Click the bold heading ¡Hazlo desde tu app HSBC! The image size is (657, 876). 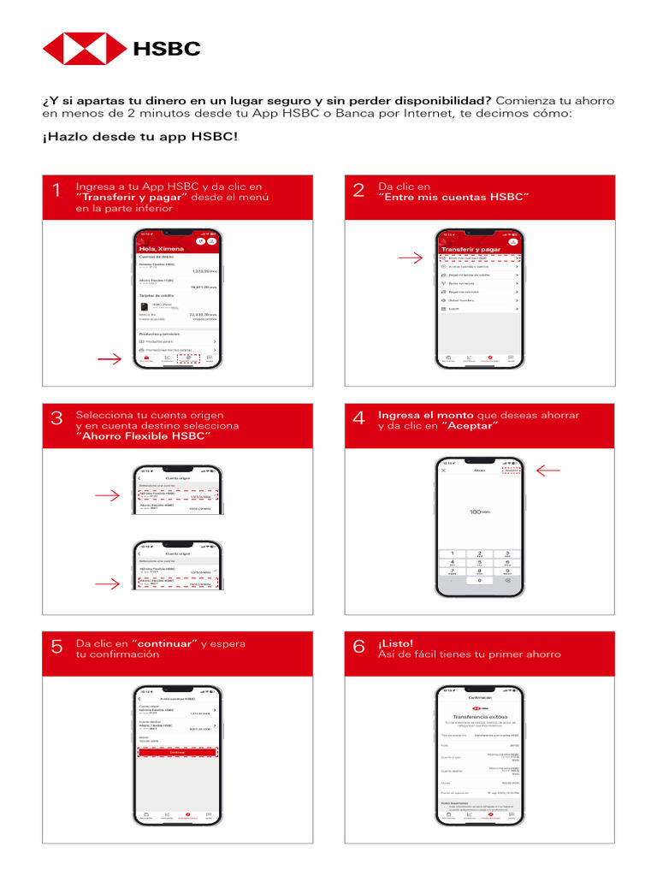[x=139, y=137]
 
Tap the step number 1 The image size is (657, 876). [x=56, y=192]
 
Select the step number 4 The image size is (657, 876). [x=358, y=417]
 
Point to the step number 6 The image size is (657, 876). [x=358, y=648]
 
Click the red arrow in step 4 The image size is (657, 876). [x=547, y=470]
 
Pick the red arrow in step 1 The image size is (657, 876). [x=109, y=360]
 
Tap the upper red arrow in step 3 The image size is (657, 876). [x=109, y=495]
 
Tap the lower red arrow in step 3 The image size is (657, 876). [x=109, y=583]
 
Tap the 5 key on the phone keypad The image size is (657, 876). [x=479, y=562]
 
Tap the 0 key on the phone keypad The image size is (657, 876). [x=479, y=580]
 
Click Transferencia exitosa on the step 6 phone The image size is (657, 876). [x=479, y=718]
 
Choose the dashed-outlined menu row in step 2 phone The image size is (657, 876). [x=479, y=257]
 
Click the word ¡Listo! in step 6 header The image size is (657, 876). [x=395, y=642]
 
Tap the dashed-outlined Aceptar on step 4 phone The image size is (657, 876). [x=511, y=471]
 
